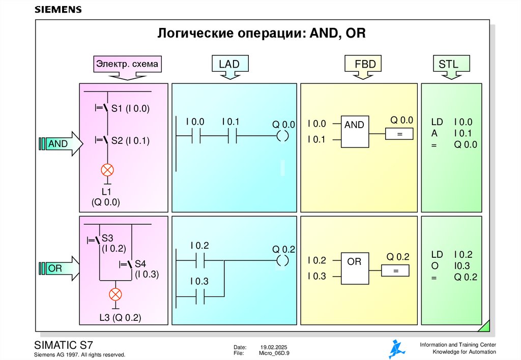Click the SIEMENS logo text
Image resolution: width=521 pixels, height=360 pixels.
click(58, 10)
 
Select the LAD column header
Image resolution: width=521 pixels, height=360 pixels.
click(229, 64)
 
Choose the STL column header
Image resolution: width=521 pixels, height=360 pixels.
click(448, 64)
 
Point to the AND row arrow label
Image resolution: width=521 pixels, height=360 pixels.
click(58, 144)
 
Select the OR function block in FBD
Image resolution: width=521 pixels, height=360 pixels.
click(355, 268)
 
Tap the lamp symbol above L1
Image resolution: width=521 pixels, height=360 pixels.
click(108, 170)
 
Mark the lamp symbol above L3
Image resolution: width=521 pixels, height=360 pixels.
click(116, 294)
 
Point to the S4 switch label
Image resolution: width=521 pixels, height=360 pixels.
click(140, 264)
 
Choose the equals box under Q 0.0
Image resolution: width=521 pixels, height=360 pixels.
click(399, 134)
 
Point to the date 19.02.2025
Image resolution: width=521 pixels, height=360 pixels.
click(274, 347)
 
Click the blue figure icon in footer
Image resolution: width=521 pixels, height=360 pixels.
click(397, 349)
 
